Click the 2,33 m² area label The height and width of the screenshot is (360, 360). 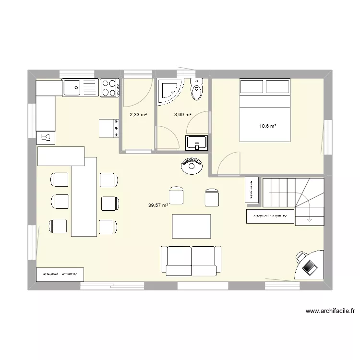(x=138, y=115)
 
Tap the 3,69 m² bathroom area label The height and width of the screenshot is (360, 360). (x=182, y=115)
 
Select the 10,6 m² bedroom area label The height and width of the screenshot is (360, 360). (x=267, y=126)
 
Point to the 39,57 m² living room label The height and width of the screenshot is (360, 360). (x=158, y=205)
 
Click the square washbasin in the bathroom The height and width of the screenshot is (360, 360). (x=196, y=142)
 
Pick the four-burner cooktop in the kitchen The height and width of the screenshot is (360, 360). (x=109, y=88)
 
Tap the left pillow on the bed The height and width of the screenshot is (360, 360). (x=252, y=87)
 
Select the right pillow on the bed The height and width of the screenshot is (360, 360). (x=277, y=87)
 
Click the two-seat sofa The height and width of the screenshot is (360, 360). (x=192, y=262)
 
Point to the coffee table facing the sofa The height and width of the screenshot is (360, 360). (x=192, y=226)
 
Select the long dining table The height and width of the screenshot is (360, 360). (x=84, y=196)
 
